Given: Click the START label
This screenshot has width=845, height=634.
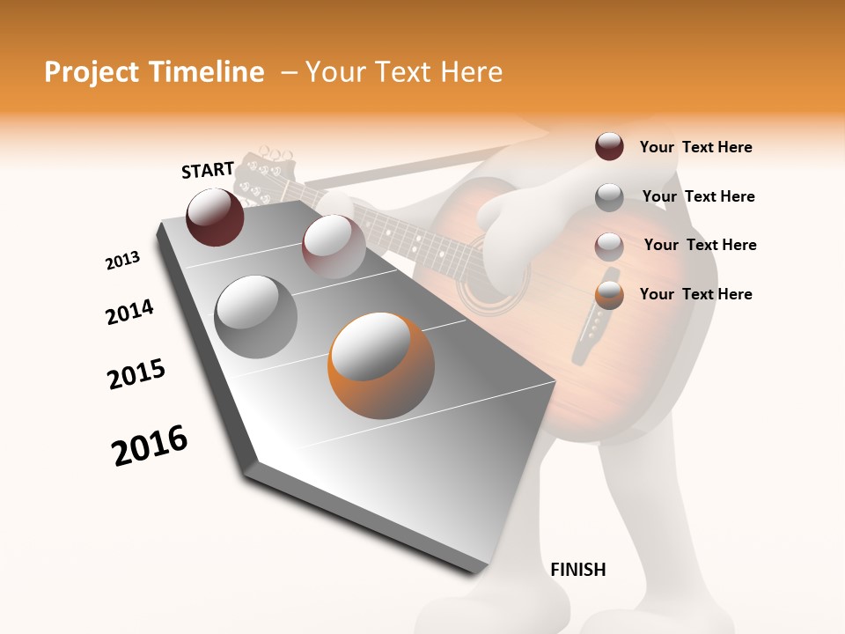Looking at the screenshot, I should pyautogui.click(x=208, y=170).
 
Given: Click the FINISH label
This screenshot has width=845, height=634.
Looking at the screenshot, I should pyautogui.click(x=578, y=570).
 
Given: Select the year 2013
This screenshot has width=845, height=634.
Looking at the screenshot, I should pyautogui.click(x=123, y=261).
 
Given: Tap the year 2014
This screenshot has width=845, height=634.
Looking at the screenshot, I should pyautogui.click(x=129, y=312).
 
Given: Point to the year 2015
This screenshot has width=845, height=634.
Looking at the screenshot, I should pyautogui.click(x=136, y=374).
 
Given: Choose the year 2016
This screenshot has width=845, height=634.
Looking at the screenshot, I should pyautogui.click(x=150, y=446).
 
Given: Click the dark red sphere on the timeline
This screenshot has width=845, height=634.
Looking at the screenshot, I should pyautogui.click(x=215, y=217).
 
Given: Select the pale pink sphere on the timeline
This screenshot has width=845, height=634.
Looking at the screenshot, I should pyautogui.click(x=333, y=247).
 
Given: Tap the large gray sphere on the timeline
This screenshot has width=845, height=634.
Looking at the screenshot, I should pyautogui.click(x=256, y=316).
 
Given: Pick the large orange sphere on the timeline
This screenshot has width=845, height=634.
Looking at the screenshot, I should pyautogui.click(x=381, y=365).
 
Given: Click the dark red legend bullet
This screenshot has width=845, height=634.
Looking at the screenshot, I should pyautogui.click(x=609, y=147).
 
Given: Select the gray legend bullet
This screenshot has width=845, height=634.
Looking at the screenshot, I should pyautogui.click(x=609, y=197).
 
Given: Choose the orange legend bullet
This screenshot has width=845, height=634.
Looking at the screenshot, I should pyautogui.click(x=609, y=295).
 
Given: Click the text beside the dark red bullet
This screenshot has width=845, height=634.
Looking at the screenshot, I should pyautogui.click(x=695, y=148).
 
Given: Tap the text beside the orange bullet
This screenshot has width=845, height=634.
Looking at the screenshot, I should pyautogui.click(x=695, y=294).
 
